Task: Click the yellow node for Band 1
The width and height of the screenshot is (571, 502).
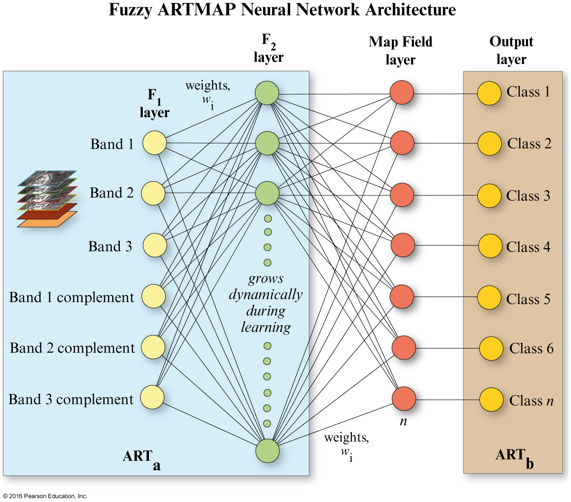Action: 154,143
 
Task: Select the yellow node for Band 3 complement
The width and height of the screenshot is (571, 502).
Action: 152,397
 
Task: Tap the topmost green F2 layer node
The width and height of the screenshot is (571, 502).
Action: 267,93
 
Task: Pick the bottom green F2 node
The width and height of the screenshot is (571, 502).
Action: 267,451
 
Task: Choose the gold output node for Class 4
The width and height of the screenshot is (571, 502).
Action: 490,246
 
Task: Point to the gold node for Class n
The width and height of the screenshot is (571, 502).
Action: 491,400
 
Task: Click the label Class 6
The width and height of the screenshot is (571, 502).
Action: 531,349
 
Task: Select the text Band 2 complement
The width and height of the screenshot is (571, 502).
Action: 72,348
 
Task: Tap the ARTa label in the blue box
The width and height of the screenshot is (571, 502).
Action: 141,458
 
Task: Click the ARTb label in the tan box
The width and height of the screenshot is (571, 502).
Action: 514,457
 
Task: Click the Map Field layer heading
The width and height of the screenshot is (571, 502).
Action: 401,51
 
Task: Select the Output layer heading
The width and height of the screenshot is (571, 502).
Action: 511,50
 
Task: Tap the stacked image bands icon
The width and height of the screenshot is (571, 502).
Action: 47,198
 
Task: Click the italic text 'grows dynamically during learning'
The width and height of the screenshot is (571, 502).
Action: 265,303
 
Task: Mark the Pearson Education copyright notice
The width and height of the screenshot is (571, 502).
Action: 45,496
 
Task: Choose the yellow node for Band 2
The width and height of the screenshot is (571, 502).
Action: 153,193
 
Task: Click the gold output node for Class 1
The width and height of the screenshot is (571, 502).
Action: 489,94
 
